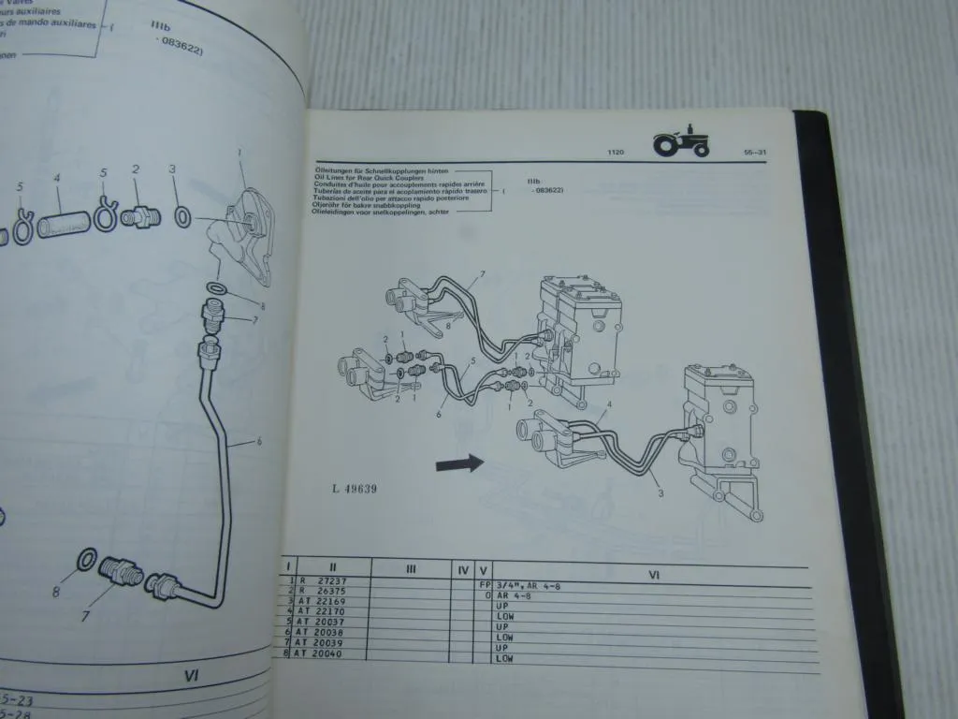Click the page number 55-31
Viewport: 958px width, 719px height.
click(756, 152)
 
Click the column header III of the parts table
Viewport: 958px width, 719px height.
click(411, 568)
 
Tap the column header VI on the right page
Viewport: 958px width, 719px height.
click(653, 574)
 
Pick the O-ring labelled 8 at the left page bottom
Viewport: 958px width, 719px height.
click(85, 560)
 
